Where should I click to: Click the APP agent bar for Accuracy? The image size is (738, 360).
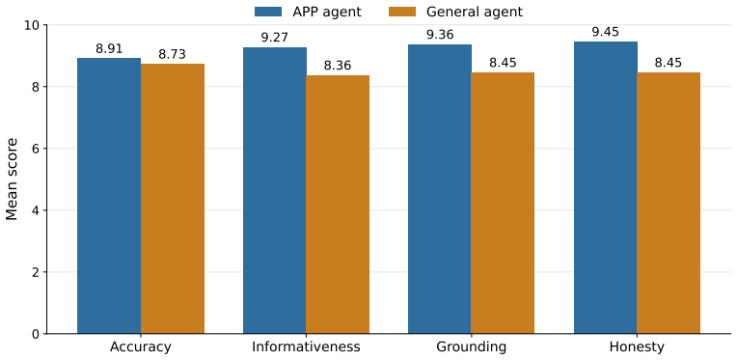coord(109,196)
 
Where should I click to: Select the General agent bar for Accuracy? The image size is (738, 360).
coord(173,199)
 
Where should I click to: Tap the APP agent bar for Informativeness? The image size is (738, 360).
coord(274,190)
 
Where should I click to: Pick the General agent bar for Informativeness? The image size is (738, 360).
coord(338,205)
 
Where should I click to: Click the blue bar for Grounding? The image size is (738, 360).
coord(440,189)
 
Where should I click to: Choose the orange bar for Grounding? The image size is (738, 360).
coord(503,203)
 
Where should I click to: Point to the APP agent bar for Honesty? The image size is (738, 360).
coord(605,188)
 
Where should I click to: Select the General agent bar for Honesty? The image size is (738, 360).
coord(669,203)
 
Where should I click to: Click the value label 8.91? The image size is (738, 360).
coord(109,48)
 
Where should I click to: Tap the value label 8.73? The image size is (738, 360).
coord(173,54)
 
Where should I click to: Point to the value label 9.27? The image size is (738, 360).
coord(274,38)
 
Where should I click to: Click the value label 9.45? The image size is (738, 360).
coord(605,32)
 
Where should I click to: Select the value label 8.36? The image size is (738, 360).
coord(338,66)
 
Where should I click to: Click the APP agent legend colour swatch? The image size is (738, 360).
coord(268,12)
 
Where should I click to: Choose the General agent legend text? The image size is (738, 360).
coord(475,12)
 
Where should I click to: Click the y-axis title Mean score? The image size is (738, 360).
coord(13,179)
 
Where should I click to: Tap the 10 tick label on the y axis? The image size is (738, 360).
coord(31,24)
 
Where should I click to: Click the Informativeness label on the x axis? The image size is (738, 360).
coord(306,347)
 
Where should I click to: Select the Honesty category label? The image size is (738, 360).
coord(637,347)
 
